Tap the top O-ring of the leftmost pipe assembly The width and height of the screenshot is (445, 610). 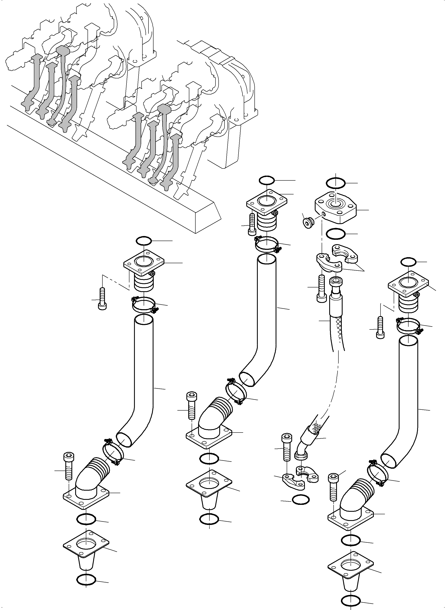(144, 241)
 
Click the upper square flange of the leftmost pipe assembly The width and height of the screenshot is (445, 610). (144, 262)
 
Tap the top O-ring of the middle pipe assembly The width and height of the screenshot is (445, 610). (267, 180)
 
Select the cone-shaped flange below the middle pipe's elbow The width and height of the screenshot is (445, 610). (209, 488)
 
